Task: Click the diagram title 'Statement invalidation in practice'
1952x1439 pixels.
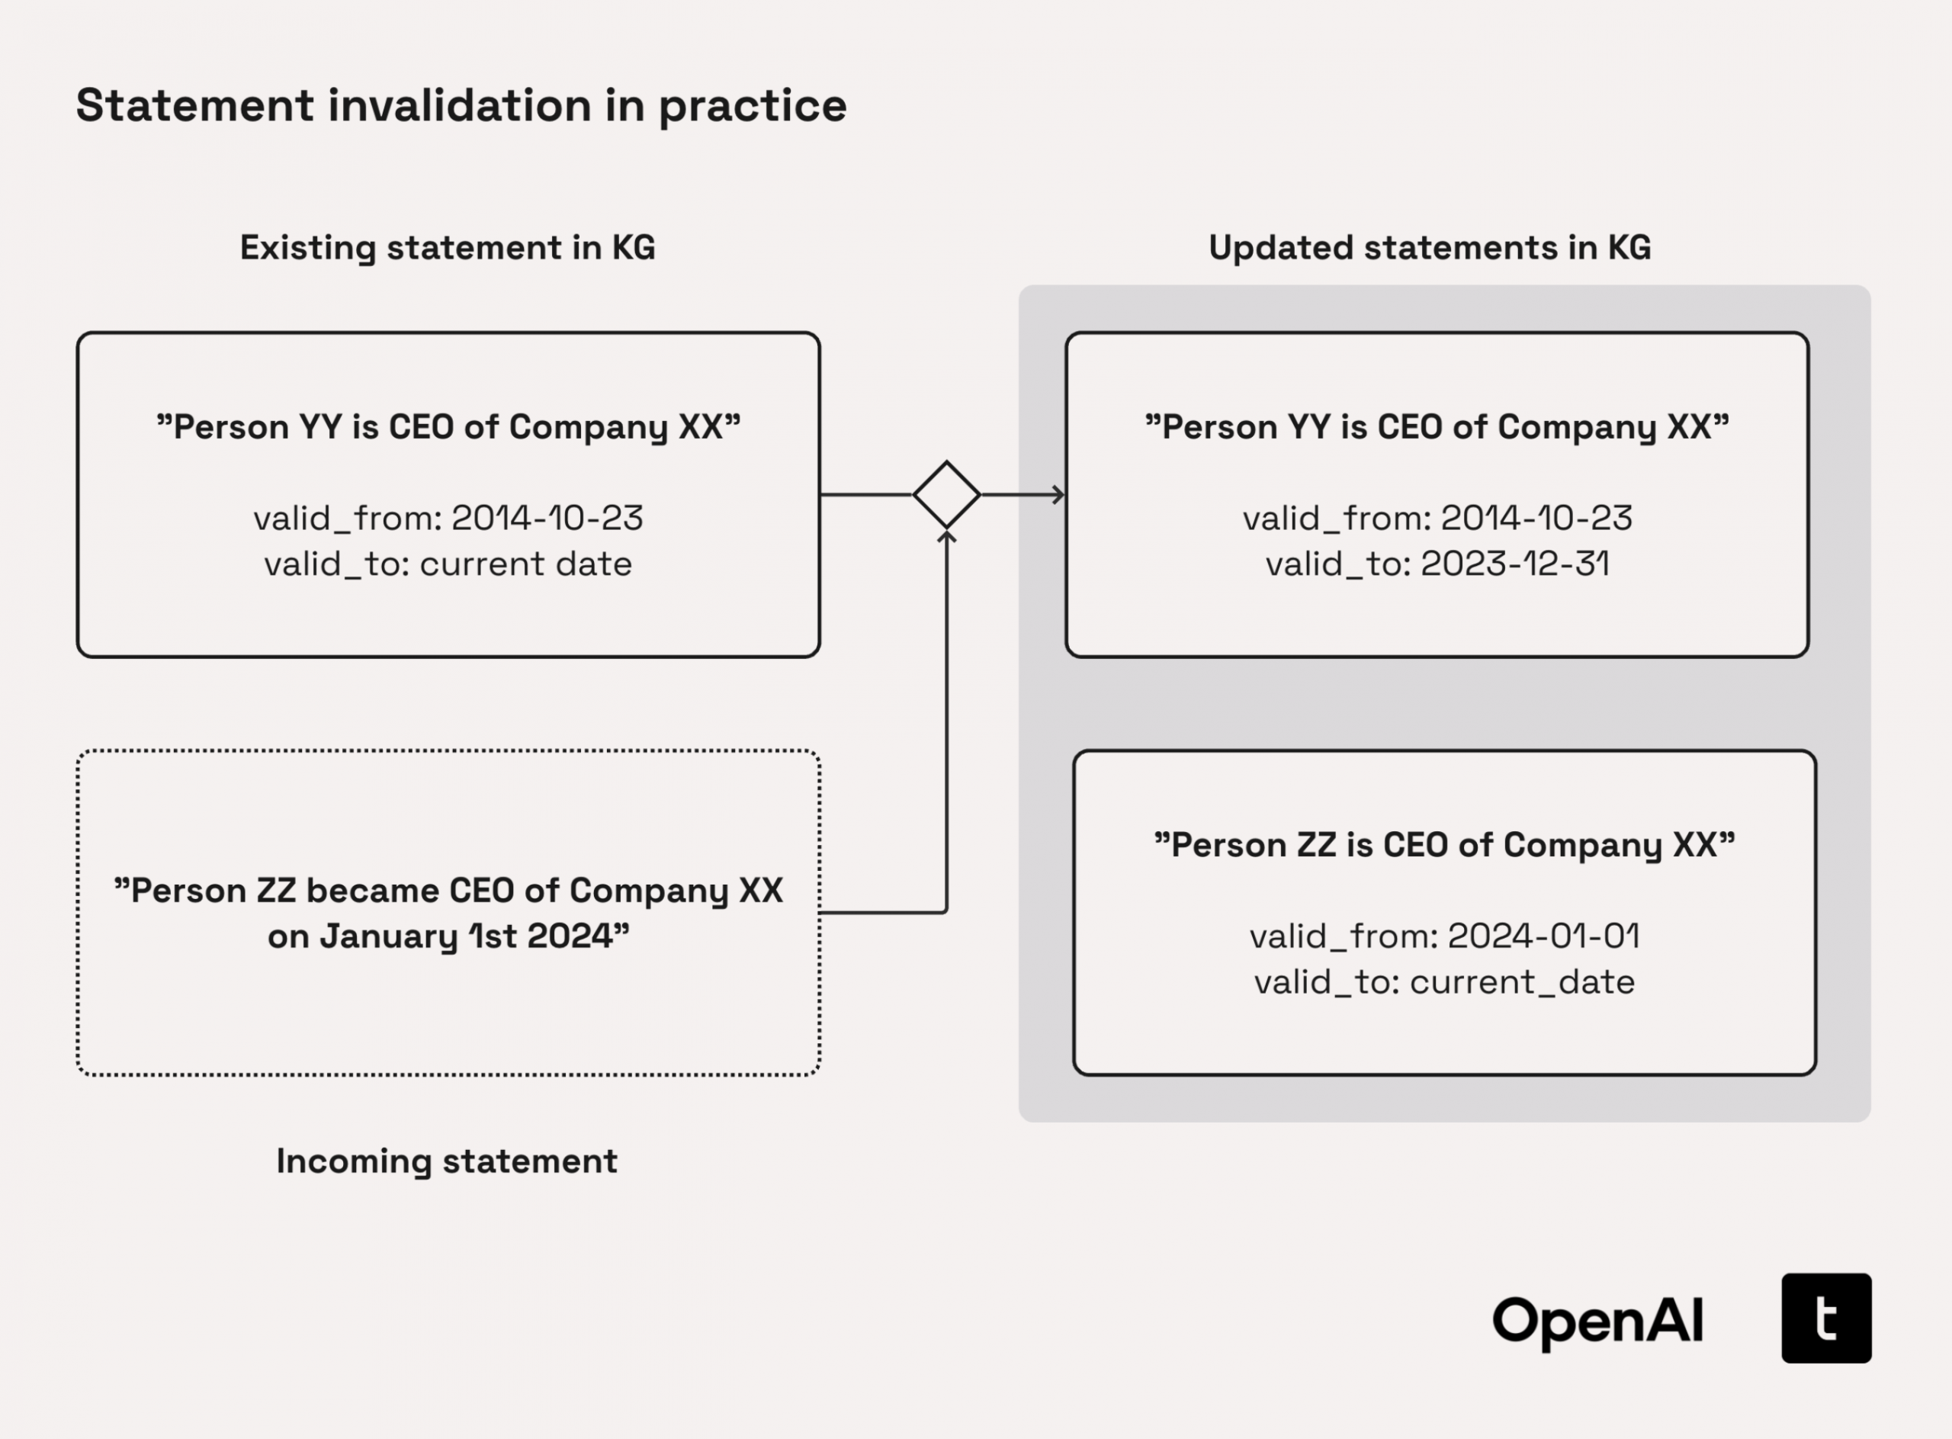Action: [x=461, y=106]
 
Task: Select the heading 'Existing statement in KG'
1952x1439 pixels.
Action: [x=447, y=247]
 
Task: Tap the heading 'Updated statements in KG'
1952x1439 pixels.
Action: [x=1430, y=247]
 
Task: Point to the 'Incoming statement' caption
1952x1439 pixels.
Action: [x=447, y=1161]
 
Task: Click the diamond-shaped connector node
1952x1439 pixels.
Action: [x=947, y=495]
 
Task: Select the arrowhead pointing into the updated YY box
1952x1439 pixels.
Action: [x=1058, y=495]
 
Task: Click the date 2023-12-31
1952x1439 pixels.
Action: [x=1515, y=564]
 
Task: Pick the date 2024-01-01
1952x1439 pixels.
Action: [x=1543, y=936]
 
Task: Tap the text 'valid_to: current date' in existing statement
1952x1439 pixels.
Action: [x=448, y=564]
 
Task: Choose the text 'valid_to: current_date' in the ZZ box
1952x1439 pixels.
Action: [x=1444, y=982]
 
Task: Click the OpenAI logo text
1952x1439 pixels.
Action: [x=1597, y=1321]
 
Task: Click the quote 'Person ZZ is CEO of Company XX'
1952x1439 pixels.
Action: [x=1444, y=845]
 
